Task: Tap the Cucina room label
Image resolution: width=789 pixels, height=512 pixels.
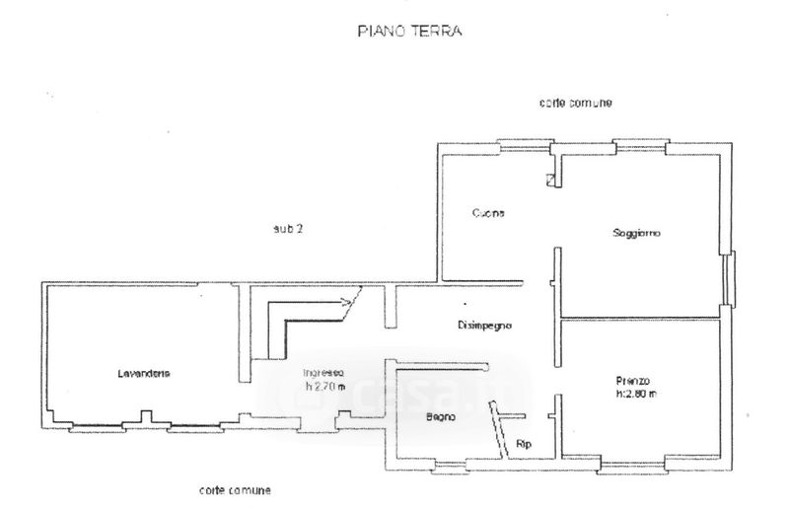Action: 488,213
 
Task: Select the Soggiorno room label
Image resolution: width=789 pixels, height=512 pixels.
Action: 635,233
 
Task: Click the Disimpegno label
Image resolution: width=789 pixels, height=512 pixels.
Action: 484,326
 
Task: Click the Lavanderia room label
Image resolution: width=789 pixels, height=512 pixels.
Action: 144,373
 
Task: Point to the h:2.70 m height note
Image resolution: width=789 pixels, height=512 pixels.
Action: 324,385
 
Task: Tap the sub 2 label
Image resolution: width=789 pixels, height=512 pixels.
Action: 288,229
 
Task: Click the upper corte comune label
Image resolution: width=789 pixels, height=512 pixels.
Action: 577,103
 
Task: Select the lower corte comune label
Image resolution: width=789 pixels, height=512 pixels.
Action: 235,489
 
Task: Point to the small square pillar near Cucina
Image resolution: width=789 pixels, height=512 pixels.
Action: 549,179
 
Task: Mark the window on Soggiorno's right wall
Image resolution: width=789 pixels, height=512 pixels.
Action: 727,278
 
